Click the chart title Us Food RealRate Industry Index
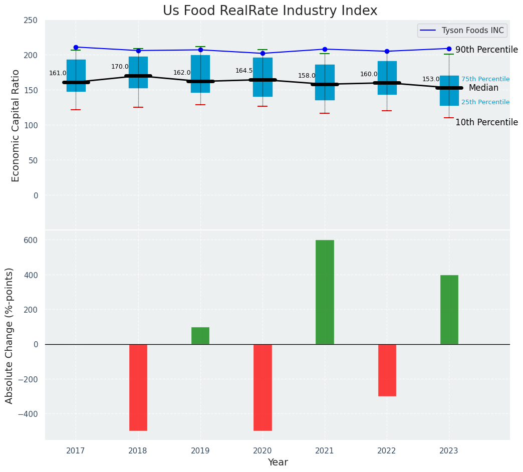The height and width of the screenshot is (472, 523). (270, 11)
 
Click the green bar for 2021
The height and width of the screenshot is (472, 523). (325, 292)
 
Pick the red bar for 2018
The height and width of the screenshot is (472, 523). (138, 387)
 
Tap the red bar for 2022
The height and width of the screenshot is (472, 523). (387, 370)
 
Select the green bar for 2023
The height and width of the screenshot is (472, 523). (449, 309)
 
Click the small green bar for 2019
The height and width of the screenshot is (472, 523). (200, 336)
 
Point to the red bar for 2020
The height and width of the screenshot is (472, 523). (263, 387)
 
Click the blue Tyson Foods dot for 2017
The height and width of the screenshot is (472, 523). (76, 47)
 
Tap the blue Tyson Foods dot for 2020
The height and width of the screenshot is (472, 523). (263, 53)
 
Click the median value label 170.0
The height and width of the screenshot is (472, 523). (120, 67)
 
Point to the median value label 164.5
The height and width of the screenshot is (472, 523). (244, 71)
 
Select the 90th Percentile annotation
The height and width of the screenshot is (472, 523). (486, 50)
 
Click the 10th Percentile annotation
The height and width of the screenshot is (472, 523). (486, 123)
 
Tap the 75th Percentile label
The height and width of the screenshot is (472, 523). (485, 79)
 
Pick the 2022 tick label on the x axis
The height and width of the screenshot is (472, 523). (387, 451)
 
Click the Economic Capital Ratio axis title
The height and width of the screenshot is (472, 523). (16, 125)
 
